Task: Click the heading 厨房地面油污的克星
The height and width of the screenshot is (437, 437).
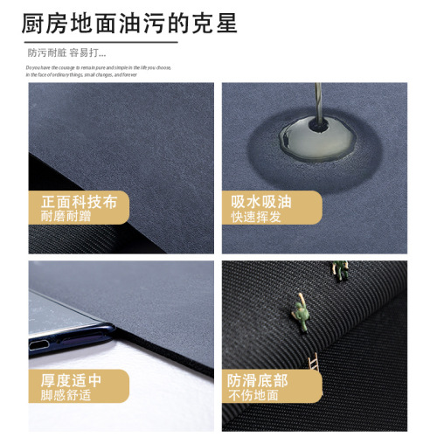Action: click(128, 23)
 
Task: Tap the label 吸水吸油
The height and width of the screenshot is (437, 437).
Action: click(261, 202)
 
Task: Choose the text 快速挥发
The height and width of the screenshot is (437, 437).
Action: click(254, 217)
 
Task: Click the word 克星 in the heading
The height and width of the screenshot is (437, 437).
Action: click(215, 23)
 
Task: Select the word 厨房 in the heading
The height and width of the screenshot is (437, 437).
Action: click(41, 23)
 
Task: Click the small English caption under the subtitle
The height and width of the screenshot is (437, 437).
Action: click(99, 70)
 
